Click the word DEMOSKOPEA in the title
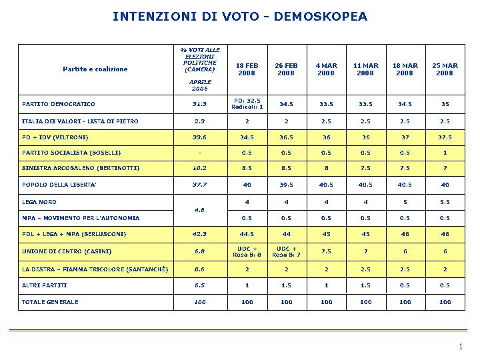pos(320,16)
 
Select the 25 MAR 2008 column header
pos(445,69)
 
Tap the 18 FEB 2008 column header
pos(247,69)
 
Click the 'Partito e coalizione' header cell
pos(95,69)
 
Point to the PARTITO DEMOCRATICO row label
pos(59,104)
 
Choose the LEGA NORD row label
pos(39,202)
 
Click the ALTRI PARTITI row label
pos(45,285)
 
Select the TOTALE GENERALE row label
pos(50,302)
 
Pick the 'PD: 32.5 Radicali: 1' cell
pos(247,104)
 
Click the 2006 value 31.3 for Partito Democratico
pos(199,104)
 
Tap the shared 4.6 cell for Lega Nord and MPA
pos(199,210)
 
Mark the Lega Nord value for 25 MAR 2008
pos(445,202)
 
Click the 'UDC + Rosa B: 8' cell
pos(247,251)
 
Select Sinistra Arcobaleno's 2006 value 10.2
pos(199,168)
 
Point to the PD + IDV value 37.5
pos(445,137)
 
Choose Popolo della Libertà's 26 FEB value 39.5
pos(286,185)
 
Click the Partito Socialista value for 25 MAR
pos(445,153)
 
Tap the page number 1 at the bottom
pos(461,347)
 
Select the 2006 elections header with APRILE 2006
pos(200,69)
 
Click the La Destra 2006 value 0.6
pos(199,269)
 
